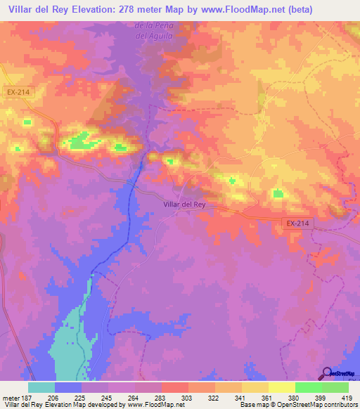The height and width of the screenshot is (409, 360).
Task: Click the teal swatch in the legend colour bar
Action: pos(41,387)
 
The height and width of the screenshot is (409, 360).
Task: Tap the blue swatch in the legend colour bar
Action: pos(68,387)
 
